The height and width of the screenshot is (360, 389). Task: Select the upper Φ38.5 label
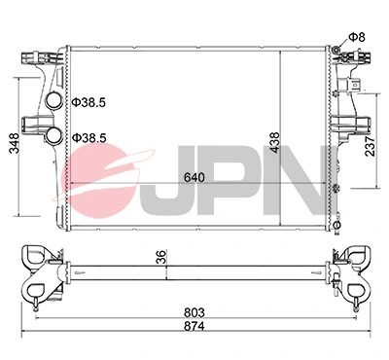click(88, 101)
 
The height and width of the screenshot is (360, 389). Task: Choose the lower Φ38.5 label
click(88, 139)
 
